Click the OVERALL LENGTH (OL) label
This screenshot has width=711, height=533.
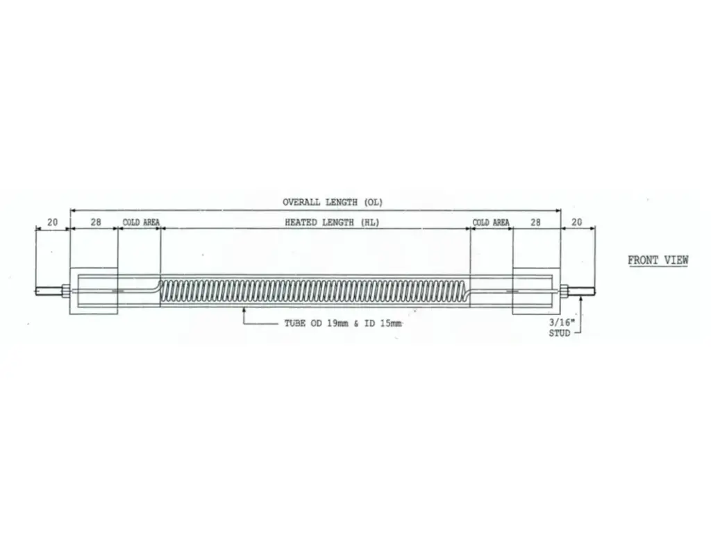coord(333,202)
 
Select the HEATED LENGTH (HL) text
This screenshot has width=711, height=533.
coord(332,222)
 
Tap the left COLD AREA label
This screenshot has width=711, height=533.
coord(141,222)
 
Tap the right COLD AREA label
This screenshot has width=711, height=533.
coord(491,222)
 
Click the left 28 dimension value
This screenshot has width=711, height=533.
coord(96,222)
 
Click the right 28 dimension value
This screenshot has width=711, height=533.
coord(535,222)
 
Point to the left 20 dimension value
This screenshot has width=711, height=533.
coord(53,222)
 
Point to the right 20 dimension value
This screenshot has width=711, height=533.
coord(576,222)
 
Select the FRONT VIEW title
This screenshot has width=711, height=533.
coord(658,260)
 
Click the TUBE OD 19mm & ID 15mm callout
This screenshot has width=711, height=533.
coord(343,323)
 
